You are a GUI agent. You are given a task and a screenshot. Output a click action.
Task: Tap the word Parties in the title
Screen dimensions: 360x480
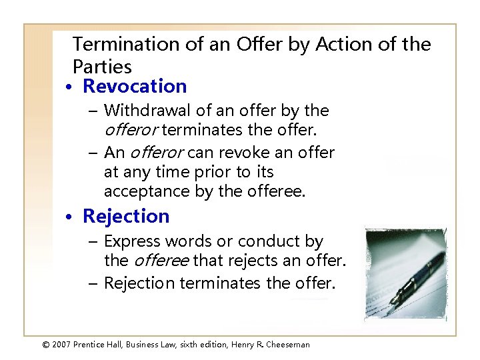[102, 67]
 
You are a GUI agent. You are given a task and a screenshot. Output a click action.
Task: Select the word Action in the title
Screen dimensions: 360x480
[341, 45]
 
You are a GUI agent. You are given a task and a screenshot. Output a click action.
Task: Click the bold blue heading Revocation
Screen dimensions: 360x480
[135, 87]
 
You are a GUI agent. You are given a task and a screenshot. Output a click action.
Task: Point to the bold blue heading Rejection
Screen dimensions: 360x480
[126, 216]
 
